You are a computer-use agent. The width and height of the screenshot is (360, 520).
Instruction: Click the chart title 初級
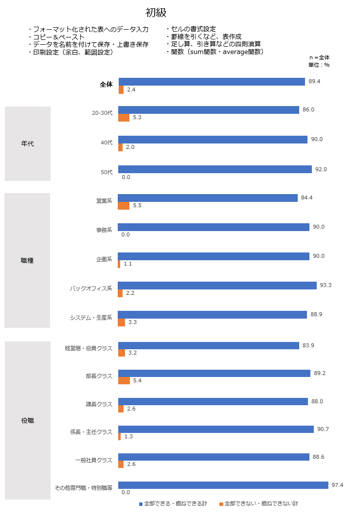(156, 13)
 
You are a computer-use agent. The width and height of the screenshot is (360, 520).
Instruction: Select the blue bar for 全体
(212, 82)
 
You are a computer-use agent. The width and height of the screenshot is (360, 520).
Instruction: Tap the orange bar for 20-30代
(124, 118)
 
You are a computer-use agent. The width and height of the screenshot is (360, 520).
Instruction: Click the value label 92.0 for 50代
(321, 169)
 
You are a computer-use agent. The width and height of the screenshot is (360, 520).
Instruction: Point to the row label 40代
(106, 143)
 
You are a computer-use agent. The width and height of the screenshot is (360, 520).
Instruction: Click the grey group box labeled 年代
(28, 144)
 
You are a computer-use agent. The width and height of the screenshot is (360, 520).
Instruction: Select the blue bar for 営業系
(208, 198)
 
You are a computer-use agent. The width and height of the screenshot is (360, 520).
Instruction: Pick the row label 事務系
(104, 230)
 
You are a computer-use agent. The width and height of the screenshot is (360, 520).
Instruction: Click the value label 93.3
(325, 285)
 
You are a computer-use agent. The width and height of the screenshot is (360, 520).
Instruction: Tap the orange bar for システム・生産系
(121, 322)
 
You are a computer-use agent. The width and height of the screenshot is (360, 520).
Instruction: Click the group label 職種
(28, 261)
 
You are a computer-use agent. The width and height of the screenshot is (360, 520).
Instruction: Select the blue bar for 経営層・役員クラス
(208, 345)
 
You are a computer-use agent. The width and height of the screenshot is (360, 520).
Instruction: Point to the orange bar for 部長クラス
(124, 380)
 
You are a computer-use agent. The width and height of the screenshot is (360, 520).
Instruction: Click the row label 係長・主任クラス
(91, 432)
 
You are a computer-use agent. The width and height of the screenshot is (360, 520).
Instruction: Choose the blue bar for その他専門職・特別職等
(223, 485)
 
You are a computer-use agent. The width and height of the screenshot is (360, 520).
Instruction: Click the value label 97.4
(338, 485)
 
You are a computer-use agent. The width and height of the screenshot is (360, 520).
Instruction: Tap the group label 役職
(28, 420)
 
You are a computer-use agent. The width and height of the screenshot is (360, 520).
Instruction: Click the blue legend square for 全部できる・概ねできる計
(141, 504)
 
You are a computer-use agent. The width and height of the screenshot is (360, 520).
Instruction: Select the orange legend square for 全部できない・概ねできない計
(221, 504)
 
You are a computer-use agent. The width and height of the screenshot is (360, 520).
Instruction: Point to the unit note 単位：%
(319, 65)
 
